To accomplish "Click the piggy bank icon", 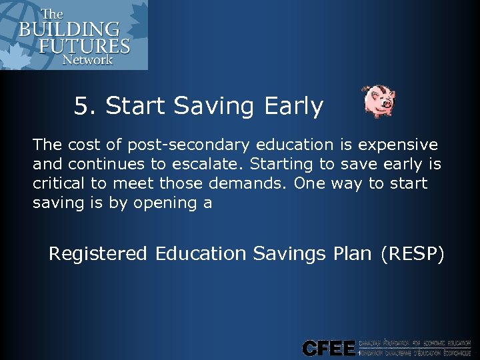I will coord(379,101).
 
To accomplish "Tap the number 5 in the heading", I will coord(81,106).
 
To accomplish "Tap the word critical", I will coord(56,183).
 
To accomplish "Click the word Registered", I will coord(98,254).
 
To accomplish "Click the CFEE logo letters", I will coord(329,348).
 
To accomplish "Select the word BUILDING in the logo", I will coord(69,30).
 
